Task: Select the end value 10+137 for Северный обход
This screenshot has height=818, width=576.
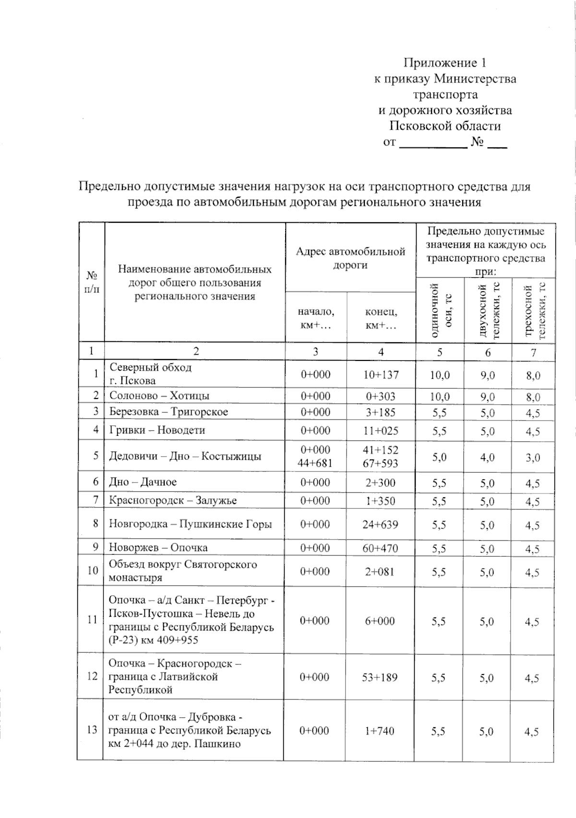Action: [x=381, y=374]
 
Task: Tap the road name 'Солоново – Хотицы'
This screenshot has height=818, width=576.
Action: [x=159, y=396]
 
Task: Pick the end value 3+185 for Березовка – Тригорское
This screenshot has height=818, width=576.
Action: [x=381, y=412]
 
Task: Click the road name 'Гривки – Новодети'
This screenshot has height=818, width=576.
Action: [x=157, y=430]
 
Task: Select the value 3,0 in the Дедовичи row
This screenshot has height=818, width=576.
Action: [x=532, y=457]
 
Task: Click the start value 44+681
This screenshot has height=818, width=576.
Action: [x=315, y=463]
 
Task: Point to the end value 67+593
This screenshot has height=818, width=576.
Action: [x=381, y=463]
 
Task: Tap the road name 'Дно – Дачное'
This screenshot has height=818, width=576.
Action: [x=143, y=481]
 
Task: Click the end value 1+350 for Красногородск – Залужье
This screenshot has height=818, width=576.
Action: [x=380, y=501]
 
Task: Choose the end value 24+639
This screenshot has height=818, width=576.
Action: [x=380, y=524]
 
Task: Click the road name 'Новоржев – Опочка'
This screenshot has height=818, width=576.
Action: [x=158, y=547]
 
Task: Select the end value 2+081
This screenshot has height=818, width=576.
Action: [x=380, y=571]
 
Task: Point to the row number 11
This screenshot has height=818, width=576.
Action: [x=92, y=619]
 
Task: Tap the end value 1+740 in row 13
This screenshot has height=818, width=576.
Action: [x=379, y=731]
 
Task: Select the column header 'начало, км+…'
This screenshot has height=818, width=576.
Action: [x=315, y=318]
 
